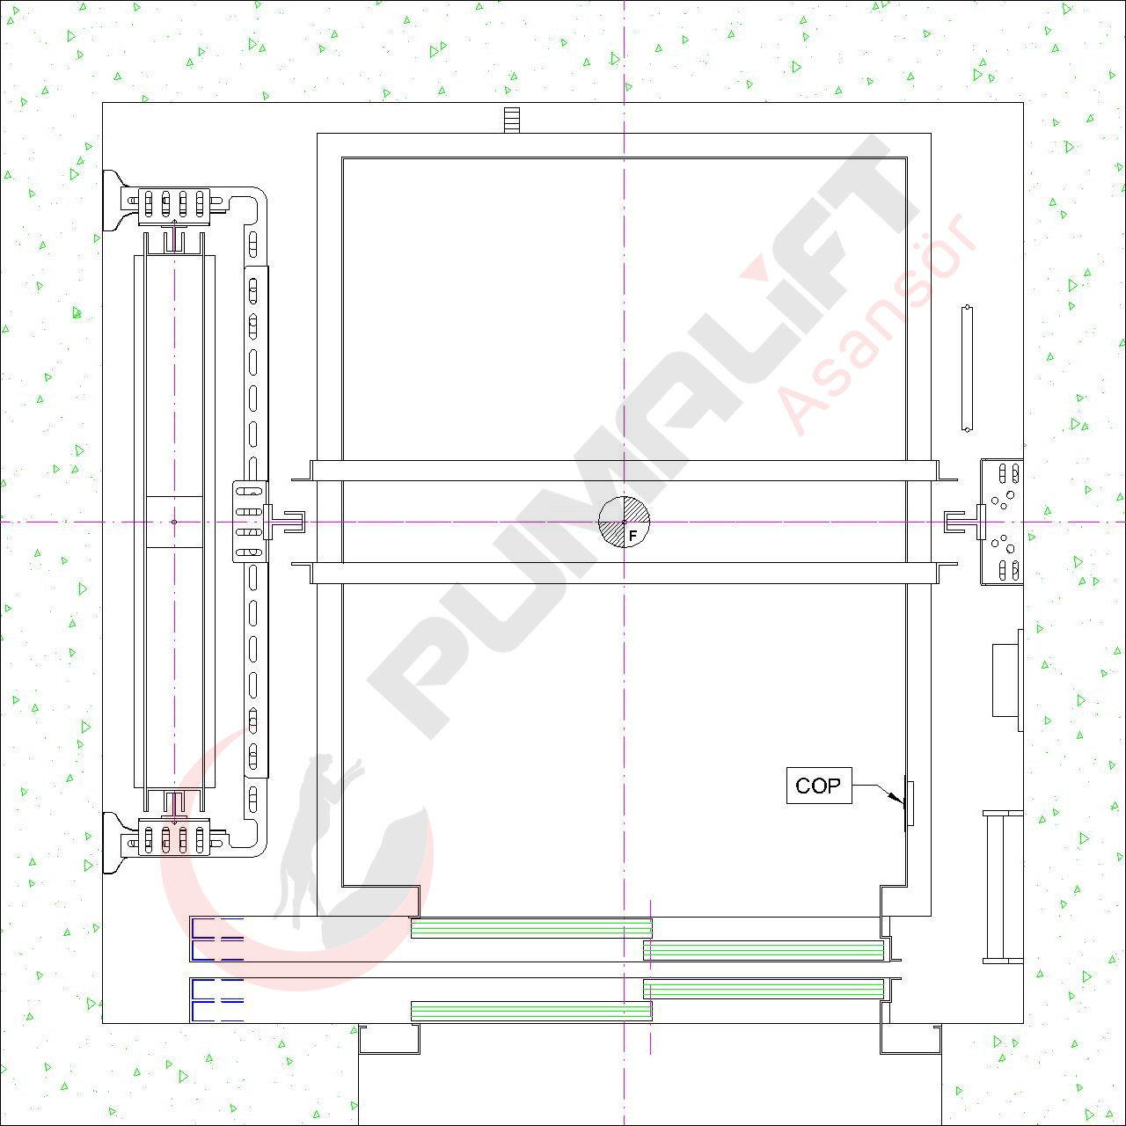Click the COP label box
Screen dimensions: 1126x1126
[819, 786]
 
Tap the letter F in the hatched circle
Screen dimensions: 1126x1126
[632, 535]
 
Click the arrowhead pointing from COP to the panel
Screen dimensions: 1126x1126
[897, 798]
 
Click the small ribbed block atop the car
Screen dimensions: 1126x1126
[511, 120]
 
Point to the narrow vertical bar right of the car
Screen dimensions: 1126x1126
[967, 368]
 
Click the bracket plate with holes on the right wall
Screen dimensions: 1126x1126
[1002, 522]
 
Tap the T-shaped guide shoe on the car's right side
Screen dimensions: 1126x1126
[964, 522]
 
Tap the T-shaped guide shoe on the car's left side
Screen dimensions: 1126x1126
[283, 522]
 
